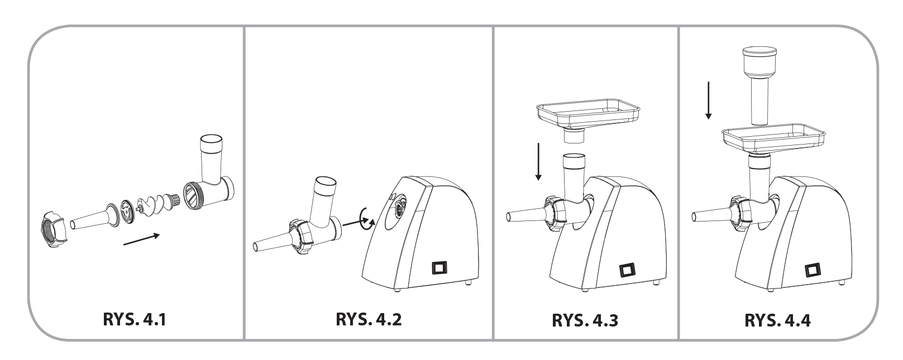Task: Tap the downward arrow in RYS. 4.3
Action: pyautogui.click(x=538, y=161)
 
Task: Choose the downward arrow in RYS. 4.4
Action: pyautogui.click(x=708, y=100)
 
